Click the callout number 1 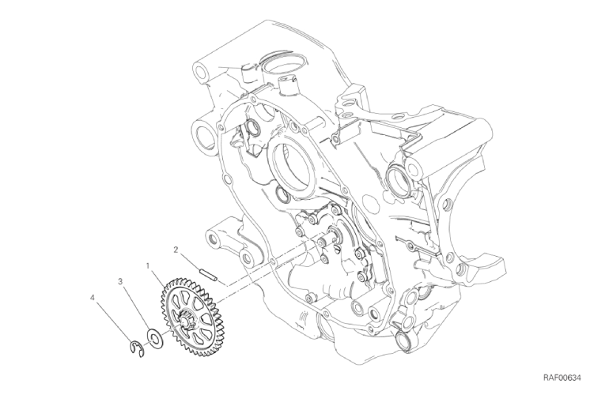click(x=148, y=265)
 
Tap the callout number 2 click(x=176, y=250)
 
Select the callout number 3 click(x=121, y=281)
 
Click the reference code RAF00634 click(x=563, y=378)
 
